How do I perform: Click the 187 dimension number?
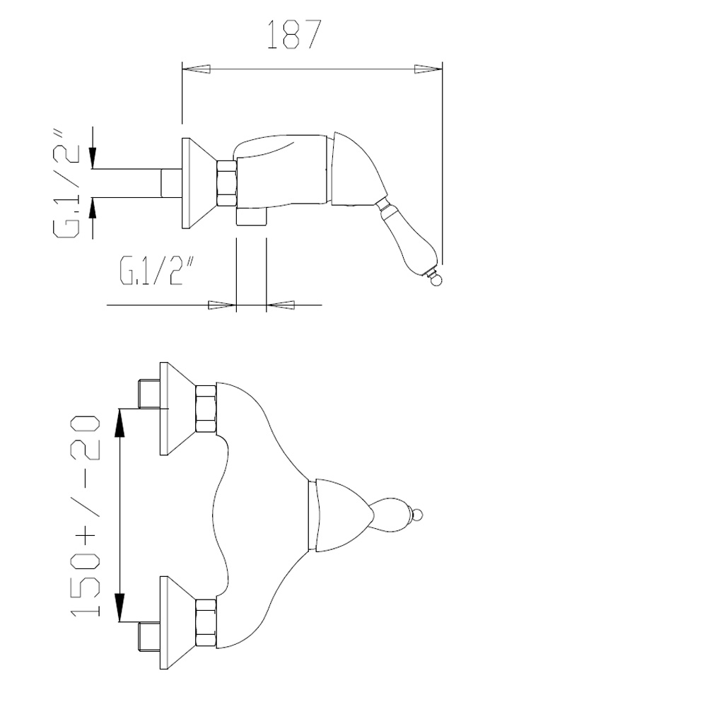294,34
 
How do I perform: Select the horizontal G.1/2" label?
158,271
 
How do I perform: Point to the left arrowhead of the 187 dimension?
196,69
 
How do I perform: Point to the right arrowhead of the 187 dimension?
428,69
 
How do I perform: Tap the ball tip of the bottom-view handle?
417,515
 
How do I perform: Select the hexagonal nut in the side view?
227,183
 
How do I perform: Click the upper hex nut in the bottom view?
206,409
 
